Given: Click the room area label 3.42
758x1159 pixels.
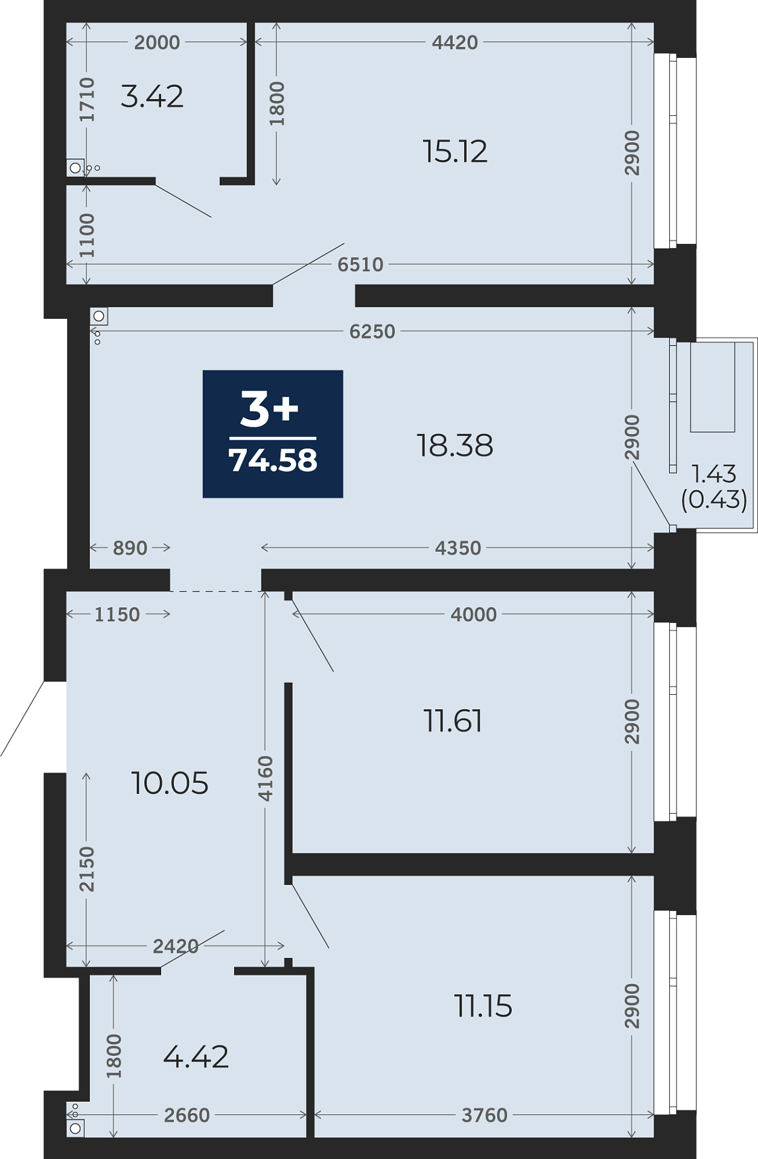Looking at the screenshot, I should coord(152,97).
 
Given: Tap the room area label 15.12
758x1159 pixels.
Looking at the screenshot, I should coord(455,151).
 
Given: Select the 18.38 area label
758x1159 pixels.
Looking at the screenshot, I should coord(455,445).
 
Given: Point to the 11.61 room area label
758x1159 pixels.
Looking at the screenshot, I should coord(453,721).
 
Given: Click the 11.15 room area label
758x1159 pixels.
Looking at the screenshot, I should coord(483,1006).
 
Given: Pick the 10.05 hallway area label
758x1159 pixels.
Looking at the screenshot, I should coord(170,783).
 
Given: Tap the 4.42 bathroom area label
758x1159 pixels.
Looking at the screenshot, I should coord(196,1057).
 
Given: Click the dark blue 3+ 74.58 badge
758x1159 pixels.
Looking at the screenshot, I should coord(273,434).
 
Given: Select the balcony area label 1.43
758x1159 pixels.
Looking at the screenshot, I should coord(714,474).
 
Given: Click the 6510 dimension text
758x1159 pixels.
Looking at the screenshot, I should coord(360,264).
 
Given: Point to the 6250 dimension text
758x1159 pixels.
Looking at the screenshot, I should coord(372,331).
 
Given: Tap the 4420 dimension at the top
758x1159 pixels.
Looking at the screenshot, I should coord(455,42).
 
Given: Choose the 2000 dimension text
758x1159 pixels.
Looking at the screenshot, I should coord(157,42).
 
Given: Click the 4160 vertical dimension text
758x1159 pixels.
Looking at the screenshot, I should coord(266,779).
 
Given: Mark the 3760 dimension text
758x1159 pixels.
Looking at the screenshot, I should coord(484,1115).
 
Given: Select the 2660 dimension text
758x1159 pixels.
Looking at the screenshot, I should coord(187,1115).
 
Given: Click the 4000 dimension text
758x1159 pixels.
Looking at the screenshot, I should coord(474,615).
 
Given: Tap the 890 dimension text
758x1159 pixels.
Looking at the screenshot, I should coord(130,548).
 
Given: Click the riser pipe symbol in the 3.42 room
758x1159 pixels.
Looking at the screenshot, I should coord(75,168).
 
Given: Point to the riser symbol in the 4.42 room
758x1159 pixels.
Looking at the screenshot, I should coord(75,1128).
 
